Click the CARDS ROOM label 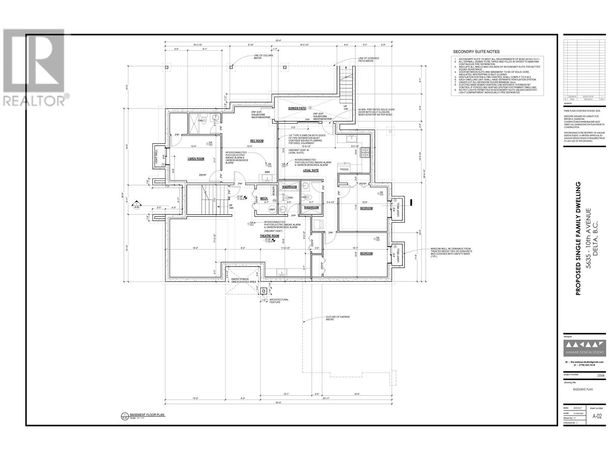coord(195,159)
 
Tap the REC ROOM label coord(257,141)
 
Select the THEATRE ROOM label coord(269,236)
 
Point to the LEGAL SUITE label coord(311,170)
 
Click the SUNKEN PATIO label coord(297,108)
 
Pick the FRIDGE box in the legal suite coord(344,169)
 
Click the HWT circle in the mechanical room coord(272,209)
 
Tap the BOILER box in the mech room coord(273,190)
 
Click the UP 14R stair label coord(231,207)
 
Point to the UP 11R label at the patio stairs coord(345,107)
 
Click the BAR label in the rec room coord(267,172)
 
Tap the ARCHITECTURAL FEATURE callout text coord(279,301)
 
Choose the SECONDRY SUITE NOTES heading coord(476,52)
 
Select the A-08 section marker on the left coord(136,207)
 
